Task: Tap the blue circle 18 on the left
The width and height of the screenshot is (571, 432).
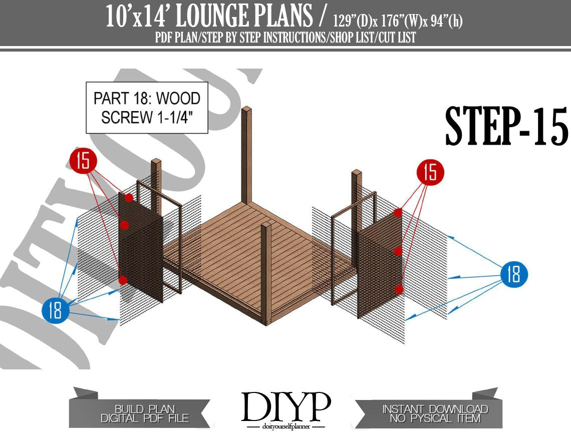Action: point(55,310)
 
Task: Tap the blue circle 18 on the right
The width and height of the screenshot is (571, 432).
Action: point(514,275)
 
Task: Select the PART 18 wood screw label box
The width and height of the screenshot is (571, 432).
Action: point(147,108)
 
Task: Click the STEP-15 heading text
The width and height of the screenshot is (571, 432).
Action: point(506,126)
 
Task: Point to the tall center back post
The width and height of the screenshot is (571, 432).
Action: point(246,155)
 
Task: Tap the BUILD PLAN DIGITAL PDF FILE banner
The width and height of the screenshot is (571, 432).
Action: point(145,413)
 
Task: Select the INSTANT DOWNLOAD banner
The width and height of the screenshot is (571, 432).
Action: point(435,413)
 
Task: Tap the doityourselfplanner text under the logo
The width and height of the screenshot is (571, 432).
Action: point(286,426)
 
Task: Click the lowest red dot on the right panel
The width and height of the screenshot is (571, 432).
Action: point(399,289)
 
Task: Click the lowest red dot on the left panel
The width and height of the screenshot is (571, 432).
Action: point(123,280)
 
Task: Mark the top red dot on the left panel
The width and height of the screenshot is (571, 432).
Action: point(129,198)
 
